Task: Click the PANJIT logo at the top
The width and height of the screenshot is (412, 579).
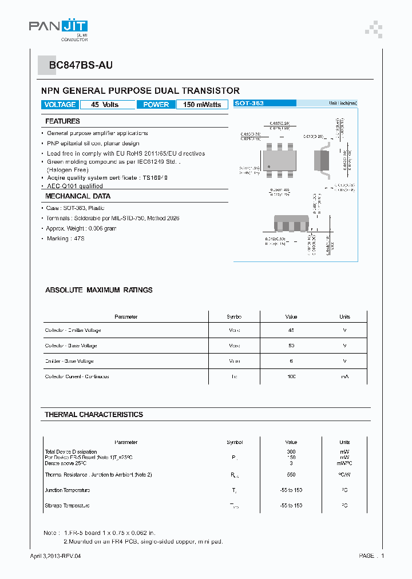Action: (x=58, y=27)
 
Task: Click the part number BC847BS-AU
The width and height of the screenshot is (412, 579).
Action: (x=80, y=65)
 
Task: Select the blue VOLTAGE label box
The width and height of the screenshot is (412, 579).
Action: (x=60, y=105)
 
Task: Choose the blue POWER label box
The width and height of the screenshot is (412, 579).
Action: (x=156, y=105)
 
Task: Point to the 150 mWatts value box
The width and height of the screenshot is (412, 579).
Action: (x=202, y=105)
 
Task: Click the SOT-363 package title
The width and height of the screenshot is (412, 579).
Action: (x=249, y=103)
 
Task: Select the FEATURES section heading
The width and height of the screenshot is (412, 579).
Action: (x=62, y=121)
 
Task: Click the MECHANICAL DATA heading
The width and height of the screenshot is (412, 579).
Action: (x=78, y=196)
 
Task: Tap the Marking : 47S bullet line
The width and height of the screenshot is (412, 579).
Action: (x=66, y=239)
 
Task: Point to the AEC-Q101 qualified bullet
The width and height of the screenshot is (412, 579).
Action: (x=74, y=186)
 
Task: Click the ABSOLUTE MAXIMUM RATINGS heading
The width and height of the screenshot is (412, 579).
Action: (x=98, y=290)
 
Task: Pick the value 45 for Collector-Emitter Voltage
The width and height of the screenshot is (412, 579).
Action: (x=291, y=331)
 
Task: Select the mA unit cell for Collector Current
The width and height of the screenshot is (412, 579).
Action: (x=344, y=377)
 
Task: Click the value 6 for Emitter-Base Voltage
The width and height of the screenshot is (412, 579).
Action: (x=291, y=362)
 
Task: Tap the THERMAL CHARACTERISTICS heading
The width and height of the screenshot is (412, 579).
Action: (x=94, y=414)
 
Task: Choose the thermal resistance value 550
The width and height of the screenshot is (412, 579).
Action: (x=291, y=475)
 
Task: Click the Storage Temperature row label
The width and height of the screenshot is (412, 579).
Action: (x=67, y=506)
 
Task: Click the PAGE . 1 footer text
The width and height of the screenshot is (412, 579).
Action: (x=371, y=556)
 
